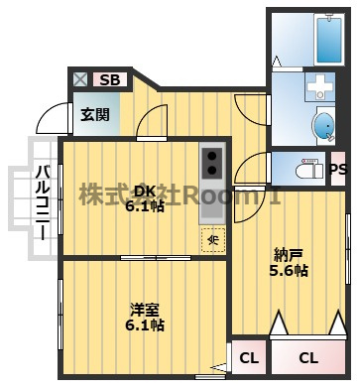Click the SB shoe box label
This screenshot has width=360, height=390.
point(110,79)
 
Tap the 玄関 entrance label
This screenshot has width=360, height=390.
point(95,114)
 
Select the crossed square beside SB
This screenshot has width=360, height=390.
point(80,79)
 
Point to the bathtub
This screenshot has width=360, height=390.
point(329,40)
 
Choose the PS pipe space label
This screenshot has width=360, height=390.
point(338,169)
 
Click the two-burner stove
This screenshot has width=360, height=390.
point(211,163)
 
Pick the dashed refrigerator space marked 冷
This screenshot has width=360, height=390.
point(213,240)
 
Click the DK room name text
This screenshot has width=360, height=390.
point(145,191)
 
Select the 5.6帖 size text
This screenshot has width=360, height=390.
point(289,271)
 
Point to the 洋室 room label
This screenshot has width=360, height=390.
point(145,310)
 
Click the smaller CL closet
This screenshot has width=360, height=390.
point(249,357)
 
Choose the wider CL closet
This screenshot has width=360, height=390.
point(308,357)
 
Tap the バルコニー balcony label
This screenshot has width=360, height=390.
point(43,202)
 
